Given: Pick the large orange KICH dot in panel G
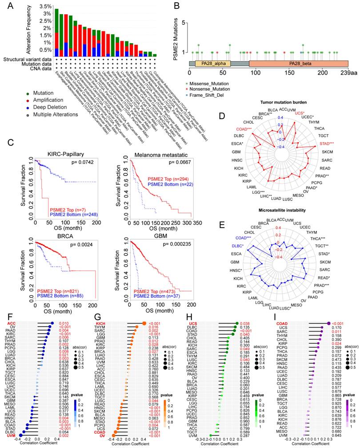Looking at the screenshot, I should [x=145, y=324].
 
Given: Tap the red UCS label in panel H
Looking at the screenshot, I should [x=195, y=324].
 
